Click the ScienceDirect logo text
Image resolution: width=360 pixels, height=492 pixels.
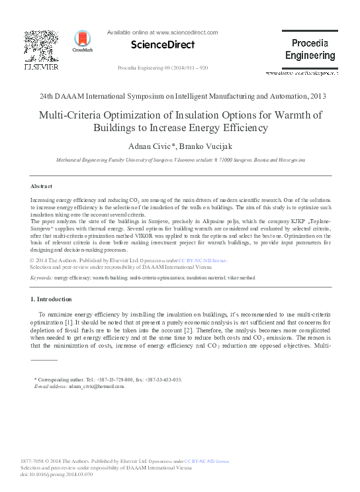point(163,45)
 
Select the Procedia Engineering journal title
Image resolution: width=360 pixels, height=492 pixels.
point(310,50)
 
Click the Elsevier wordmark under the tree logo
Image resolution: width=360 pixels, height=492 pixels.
point(41,67)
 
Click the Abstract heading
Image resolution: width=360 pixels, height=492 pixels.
point(42,186)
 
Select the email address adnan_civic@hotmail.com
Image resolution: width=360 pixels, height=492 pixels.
point(97,386)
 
